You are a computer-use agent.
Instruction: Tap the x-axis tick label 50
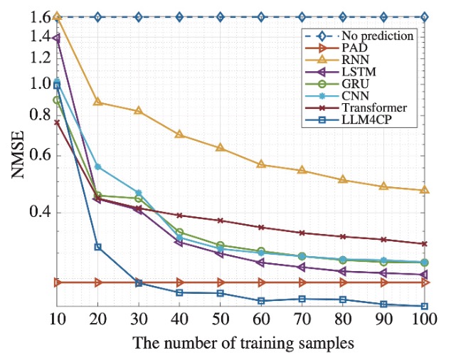(x=221, y=320)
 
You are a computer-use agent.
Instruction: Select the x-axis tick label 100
(x=425, y=320)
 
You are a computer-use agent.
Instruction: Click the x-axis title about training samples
(x=243, y=343)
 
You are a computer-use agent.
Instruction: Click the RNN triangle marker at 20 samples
(x=98, y=102)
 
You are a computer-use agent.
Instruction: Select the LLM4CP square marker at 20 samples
(x=98, y=247)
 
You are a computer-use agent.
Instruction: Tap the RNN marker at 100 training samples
(x=425, y=190)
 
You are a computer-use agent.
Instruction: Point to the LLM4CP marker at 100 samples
(x=425, y=306)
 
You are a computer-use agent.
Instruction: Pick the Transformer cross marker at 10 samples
(x=57, y=122)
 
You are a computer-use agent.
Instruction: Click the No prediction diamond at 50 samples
(x=221, y=16)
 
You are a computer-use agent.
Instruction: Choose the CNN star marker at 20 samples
(x=98, y=166)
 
